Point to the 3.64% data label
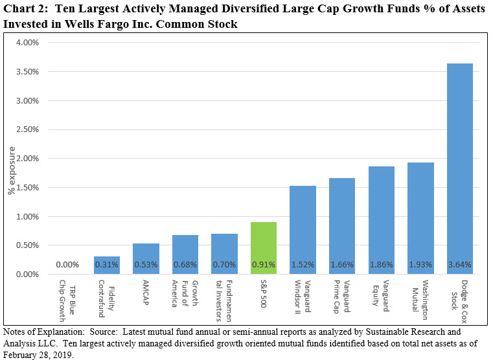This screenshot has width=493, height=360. click(460, 265)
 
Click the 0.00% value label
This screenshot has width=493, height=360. click(68, 265)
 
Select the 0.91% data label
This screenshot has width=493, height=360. click(264, 265)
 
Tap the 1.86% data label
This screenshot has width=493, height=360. click(382, 265)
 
